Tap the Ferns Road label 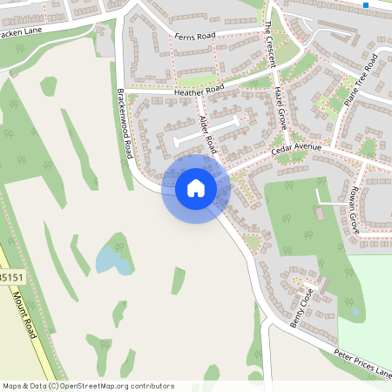194,37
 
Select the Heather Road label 199,90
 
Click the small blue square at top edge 366,4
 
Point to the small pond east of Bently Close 355,311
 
